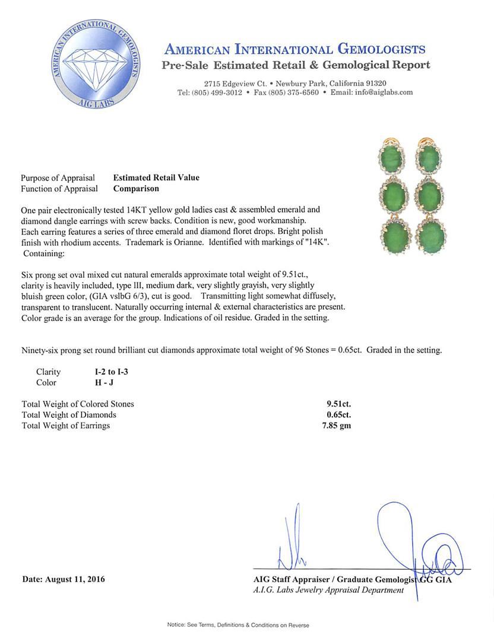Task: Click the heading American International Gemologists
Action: point(294,49)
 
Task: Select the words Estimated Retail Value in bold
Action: point(156,177)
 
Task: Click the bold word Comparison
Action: point(136,189)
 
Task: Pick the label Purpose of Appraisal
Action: point(58,178)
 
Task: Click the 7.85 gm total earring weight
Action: point(336,426)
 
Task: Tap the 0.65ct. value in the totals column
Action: point(338,415)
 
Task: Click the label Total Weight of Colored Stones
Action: point(78,404)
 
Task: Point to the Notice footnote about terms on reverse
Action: point(237,625)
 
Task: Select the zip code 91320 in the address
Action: point(376,83)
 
